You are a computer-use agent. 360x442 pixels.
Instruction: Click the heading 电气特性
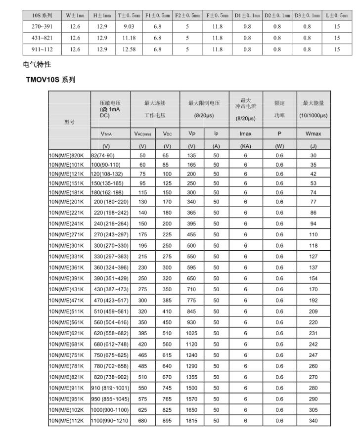[x=37, y=64]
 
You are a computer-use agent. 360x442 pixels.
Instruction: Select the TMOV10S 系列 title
[x=50, y=80]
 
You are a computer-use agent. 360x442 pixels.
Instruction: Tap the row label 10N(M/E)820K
[x=66, y=155]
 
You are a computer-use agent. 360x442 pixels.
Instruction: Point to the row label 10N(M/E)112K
[x=66, y=420]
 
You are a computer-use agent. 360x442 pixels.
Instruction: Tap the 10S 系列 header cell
[x=43, y=15]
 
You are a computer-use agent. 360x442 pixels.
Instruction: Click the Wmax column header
[x=314, y=133]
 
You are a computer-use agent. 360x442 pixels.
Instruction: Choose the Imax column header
[x=246, y=133]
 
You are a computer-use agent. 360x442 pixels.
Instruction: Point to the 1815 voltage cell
[x=192, y=420]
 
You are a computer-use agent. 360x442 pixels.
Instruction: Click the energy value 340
[x=314, y=420]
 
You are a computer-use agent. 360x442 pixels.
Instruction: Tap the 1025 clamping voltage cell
[x=192, y=334]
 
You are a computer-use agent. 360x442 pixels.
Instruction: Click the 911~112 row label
[x=43, y=49]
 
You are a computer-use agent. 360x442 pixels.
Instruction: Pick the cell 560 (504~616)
[x=111, y=321]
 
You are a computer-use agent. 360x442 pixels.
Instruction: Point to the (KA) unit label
[x=246, y=146]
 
